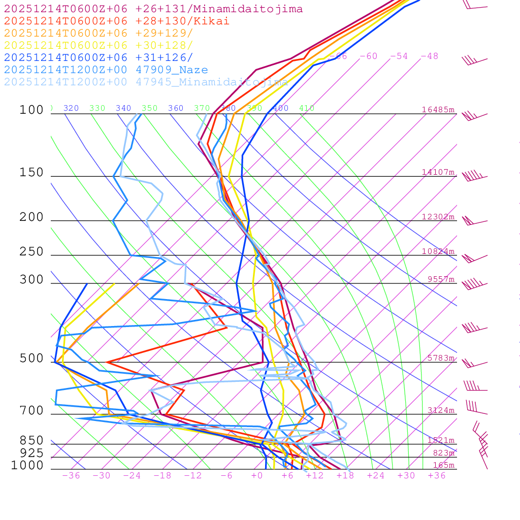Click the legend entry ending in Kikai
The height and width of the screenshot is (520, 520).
coord(117,21)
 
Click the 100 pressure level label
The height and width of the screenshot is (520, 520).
coord(31,110)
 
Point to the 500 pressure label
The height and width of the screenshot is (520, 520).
coord(31,359)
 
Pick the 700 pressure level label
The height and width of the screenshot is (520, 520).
coord(31,411)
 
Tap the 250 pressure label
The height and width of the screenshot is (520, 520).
coord(31,252)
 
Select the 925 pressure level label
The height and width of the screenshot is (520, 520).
coord(31,453)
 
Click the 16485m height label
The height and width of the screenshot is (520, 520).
coord(438,110)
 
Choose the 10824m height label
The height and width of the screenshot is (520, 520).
coord(438,251)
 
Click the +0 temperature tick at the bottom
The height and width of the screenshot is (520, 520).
coord(257,476)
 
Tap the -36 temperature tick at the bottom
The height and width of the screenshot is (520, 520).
coord(71,476)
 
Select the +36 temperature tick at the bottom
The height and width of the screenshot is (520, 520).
coord(437,476)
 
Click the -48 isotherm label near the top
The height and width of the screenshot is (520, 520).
coord(429,56)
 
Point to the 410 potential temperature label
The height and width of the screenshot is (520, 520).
coord(307,108)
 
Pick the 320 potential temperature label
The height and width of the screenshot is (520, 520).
coord(71,108)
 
